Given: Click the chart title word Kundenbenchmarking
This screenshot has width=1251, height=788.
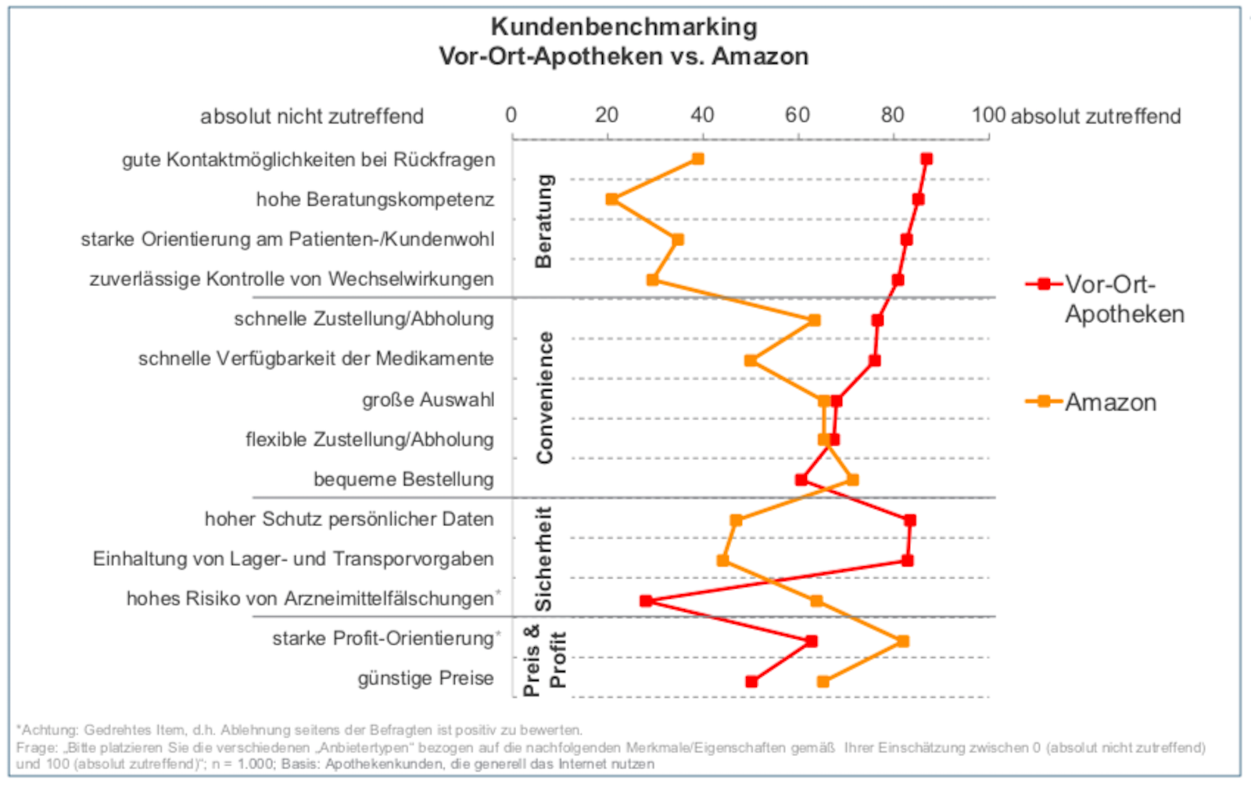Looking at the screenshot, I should [x=624, y=27].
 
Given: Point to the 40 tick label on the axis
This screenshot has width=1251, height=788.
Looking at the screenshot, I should [x=702, y=116].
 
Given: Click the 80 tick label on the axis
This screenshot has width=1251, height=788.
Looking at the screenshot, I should [x=892, y=116].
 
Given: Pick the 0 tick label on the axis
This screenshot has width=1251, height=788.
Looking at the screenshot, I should [x=511, y=116].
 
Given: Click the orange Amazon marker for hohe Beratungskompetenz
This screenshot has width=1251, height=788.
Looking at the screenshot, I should [x=611, y=199].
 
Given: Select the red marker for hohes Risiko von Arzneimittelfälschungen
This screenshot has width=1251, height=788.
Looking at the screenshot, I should [x=646, y=600].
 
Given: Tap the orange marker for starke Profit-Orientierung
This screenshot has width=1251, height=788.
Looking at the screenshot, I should [x=903, y=641].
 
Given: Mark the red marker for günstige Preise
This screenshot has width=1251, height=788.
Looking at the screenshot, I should [x=751, y=682].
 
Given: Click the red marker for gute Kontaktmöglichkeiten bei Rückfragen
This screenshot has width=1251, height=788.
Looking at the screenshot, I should [x=927, y=159].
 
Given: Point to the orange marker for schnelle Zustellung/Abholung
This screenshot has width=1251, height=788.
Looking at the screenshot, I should [x=815, y=320].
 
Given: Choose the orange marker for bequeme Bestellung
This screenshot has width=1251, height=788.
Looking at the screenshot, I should [x=853, y=479].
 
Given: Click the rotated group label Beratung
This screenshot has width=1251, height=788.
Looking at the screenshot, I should [x=544, y=220].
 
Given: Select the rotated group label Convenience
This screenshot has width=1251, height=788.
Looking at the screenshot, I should [x=544, y=397].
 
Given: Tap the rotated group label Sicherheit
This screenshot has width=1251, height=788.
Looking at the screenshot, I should [x=544, y=558].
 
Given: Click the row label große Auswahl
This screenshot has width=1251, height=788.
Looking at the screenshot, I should [x=428, y=399].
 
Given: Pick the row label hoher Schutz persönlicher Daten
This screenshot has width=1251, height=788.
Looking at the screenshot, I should [x=349, y=519].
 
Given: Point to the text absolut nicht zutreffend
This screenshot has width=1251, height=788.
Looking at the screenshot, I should [x=311, y=116].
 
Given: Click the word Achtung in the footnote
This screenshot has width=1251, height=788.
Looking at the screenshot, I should [x=48, y=730].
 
